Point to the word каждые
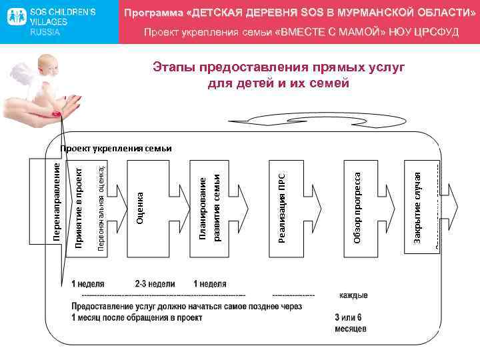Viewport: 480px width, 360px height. [x=353, y=295]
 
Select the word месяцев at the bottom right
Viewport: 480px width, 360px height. [x=351, y=328]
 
